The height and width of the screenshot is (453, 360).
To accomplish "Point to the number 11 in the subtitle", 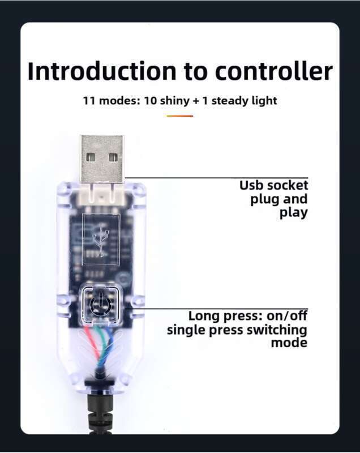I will pos(88,101).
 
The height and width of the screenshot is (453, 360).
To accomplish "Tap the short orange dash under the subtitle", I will pos(180,116).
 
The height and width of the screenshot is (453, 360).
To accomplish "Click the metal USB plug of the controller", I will pos(102,158).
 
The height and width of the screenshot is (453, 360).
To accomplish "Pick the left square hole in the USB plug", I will pos(91,157).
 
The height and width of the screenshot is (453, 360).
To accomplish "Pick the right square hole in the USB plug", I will pos(113,157).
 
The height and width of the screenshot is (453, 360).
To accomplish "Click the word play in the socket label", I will pos(293,213).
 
